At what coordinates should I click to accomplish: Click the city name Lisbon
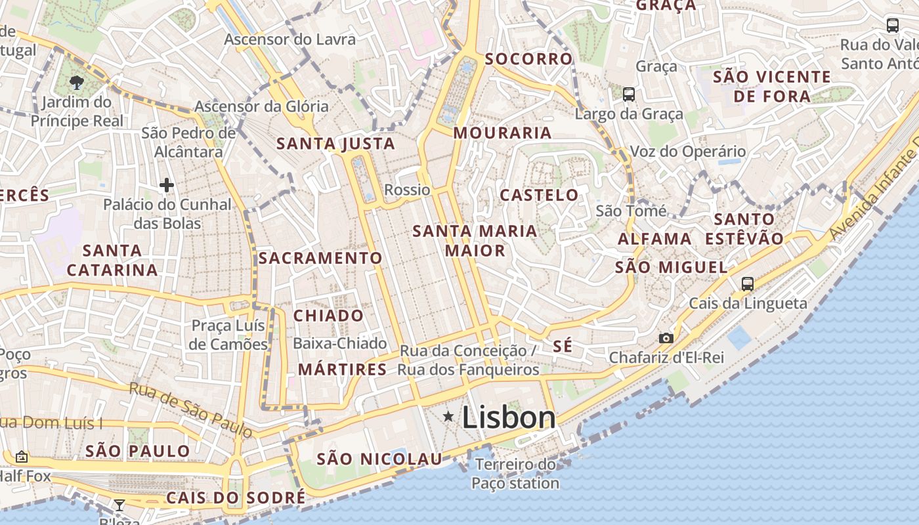coord(509,417)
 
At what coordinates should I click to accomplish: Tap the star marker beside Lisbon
coord(448,416)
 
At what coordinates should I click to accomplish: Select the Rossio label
coord(407,190)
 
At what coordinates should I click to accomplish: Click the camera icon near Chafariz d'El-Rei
coord(666,338)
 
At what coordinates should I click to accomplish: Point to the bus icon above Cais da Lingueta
coord(747,284)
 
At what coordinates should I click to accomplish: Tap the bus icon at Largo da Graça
coord(629,94)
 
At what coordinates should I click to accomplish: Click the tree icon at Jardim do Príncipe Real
coord(77,83)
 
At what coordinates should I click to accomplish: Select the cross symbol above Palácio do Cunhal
coord(167,186)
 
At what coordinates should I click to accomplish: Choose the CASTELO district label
coord(539,195)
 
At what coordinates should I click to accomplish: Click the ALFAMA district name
coord(654,239)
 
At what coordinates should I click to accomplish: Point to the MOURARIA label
coord(502,133)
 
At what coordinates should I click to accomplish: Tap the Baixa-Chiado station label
coord(339,344)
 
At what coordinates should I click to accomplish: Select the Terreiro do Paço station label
coord(515,474)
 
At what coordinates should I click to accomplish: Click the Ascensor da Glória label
coord(261,106)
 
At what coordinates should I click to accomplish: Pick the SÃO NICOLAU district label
coord(379,459)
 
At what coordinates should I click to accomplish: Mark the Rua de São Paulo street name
coord(190,410)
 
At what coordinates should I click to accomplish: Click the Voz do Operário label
coord(687,152)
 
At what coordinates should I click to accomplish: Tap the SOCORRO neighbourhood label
coord(528,59)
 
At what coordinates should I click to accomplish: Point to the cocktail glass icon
coord(119,505)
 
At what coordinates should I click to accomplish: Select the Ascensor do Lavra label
coord(289,39)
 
